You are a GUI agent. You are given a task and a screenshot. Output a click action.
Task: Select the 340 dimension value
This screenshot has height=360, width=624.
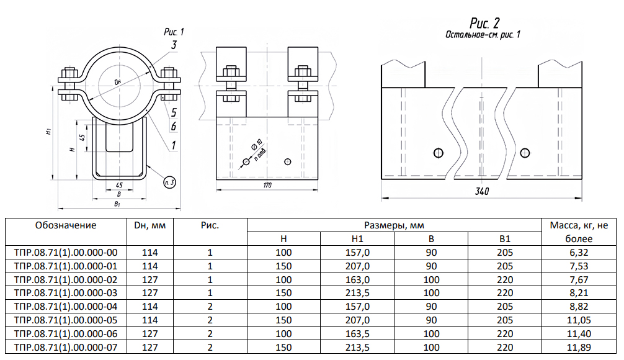(482, 192)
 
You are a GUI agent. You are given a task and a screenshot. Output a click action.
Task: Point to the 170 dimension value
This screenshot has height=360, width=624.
(267, 185)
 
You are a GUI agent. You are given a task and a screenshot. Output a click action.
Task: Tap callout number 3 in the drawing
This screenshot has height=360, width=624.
(174, 45)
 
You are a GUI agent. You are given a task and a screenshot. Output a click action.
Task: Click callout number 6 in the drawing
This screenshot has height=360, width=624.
(174, 127)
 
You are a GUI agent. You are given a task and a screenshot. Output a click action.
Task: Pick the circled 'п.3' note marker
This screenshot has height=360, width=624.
(169, 182)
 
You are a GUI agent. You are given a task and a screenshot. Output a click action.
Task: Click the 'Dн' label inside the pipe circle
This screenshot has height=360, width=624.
(118, 82)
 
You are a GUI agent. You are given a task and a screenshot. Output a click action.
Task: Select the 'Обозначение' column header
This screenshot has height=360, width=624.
(66, 225)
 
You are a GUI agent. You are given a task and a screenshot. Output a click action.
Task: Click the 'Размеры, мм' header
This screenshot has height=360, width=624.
(394, 225)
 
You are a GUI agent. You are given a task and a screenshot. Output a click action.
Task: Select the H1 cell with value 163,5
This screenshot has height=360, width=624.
(357, 333)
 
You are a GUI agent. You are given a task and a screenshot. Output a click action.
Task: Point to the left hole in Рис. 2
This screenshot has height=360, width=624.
(439, 152)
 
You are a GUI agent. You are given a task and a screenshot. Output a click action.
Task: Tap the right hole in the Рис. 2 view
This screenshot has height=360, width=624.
(525, 152)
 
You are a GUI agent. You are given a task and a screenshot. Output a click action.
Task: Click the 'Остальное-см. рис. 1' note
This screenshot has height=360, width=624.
(483, 35)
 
